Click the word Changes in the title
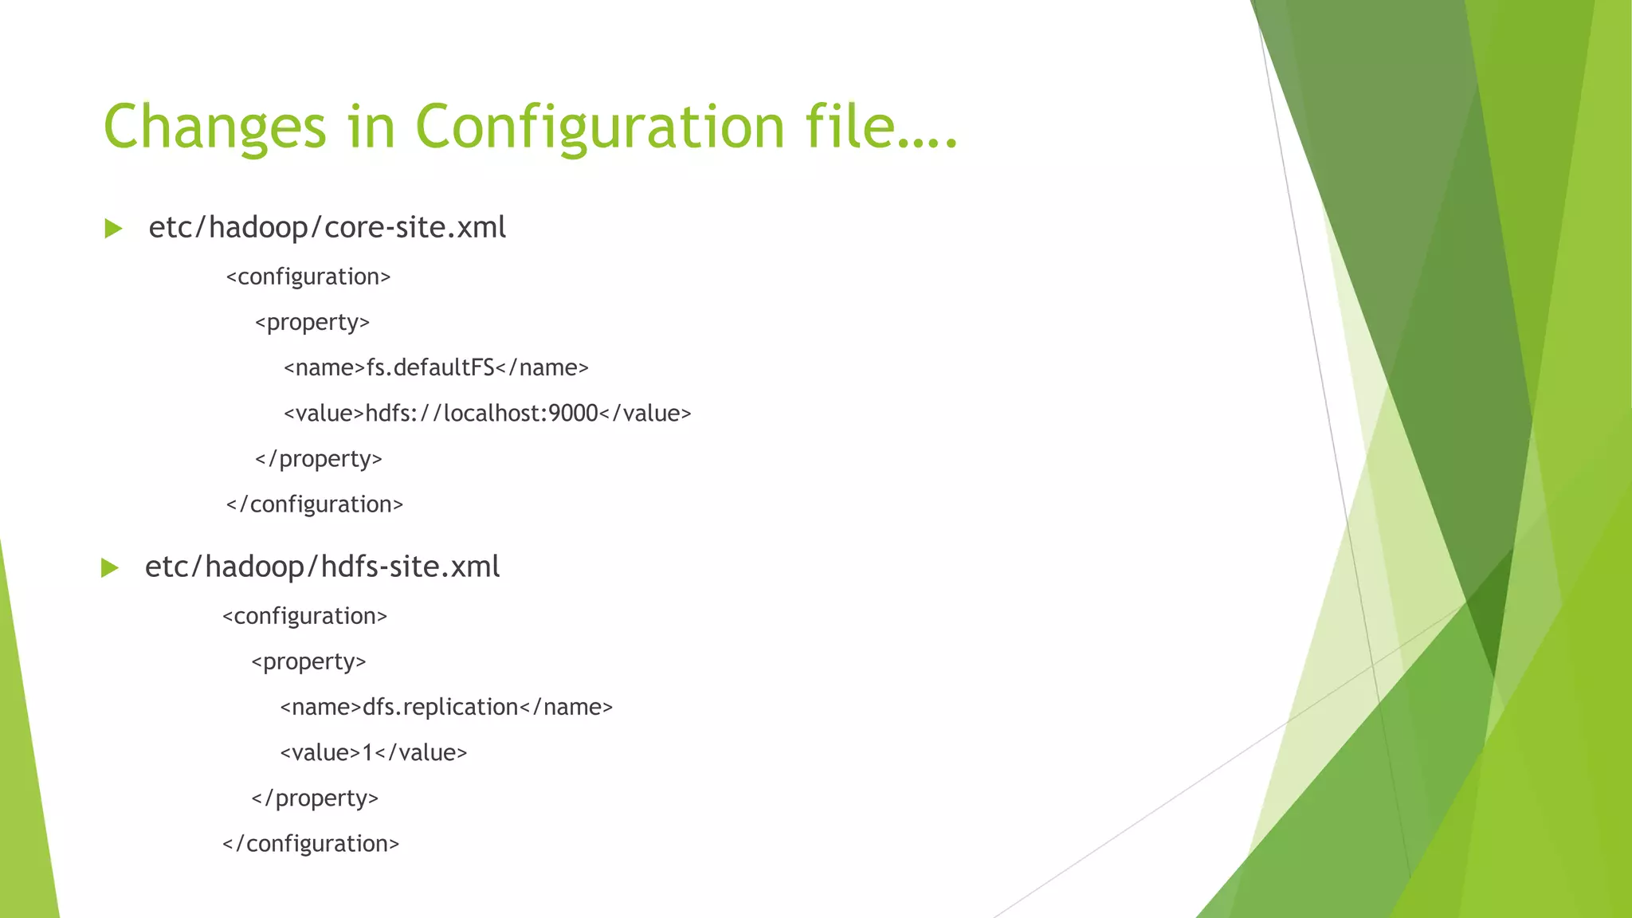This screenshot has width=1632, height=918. pos(215,127)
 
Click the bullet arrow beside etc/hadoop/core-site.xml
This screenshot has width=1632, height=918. pos(114,229)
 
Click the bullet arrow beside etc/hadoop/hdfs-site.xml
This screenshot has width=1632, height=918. pos(110,568)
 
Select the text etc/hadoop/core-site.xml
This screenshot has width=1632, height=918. pos(327,228)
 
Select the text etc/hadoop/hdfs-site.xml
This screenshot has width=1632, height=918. pos(322,567)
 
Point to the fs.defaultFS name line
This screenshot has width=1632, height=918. pos(436,368)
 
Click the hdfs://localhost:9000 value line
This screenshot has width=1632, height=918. pos(487,414)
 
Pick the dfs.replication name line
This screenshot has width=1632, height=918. pos(446,708)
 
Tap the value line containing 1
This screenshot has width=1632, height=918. pos(373,753)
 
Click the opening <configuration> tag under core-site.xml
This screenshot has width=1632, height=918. pos(308,277)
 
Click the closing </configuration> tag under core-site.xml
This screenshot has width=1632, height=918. pos(315,505)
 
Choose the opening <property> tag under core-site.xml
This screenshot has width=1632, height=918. pos(312,323)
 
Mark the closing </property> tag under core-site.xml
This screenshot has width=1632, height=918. pos(319,460)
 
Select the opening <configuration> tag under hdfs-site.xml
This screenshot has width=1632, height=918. pos(304,617)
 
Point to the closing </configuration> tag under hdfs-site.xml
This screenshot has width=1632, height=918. pos(311,845)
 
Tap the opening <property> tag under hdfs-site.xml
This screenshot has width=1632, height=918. pos(308,662)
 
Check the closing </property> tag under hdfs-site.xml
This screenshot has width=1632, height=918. pos(315,799)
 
